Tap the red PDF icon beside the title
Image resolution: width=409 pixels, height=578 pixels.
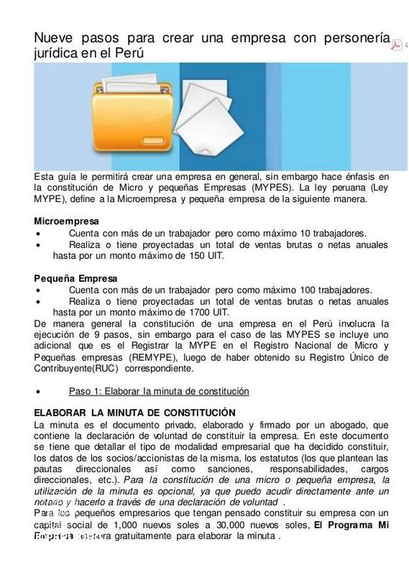tap(395, 45)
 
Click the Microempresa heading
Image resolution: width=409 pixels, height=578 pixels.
tap(66, 221)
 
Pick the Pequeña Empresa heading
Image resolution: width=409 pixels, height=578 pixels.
tap(76, 278)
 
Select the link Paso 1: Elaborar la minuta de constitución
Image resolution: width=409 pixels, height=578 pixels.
tap(159, 391)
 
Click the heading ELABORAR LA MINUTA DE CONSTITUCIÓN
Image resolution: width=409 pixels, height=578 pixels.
tap(134, 413)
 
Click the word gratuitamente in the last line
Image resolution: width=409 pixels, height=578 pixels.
tap(136, 536)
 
